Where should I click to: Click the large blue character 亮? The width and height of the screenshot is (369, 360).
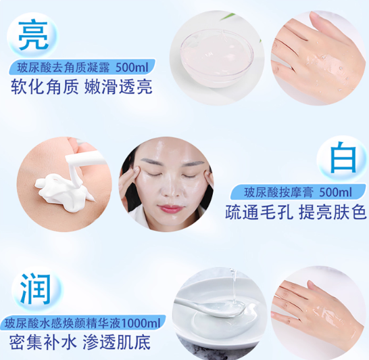pos(33,35)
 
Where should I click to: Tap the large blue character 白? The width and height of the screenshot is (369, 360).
pos(343,157)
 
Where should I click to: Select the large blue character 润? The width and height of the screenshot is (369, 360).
pos(35,289)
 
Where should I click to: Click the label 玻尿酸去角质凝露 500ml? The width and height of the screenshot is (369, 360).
pos(82,68)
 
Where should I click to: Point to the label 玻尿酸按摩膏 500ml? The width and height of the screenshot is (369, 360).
pos(298,192)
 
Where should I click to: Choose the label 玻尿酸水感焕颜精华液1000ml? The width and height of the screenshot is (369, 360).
pos(82,323)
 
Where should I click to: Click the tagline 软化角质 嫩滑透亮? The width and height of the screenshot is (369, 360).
pos(81,87)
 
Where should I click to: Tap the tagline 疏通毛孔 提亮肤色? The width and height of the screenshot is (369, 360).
pos(296,212)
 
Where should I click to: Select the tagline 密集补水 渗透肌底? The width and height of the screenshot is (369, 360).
pos(80,342)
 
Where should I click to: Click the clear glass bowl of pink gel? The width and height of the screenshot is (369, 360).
pos(217,56)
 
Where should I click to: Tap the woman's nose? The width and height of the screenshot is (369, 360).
pos(168,189)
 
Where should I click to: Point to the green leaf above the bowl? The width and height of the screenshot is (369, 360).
pos(228,17)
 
